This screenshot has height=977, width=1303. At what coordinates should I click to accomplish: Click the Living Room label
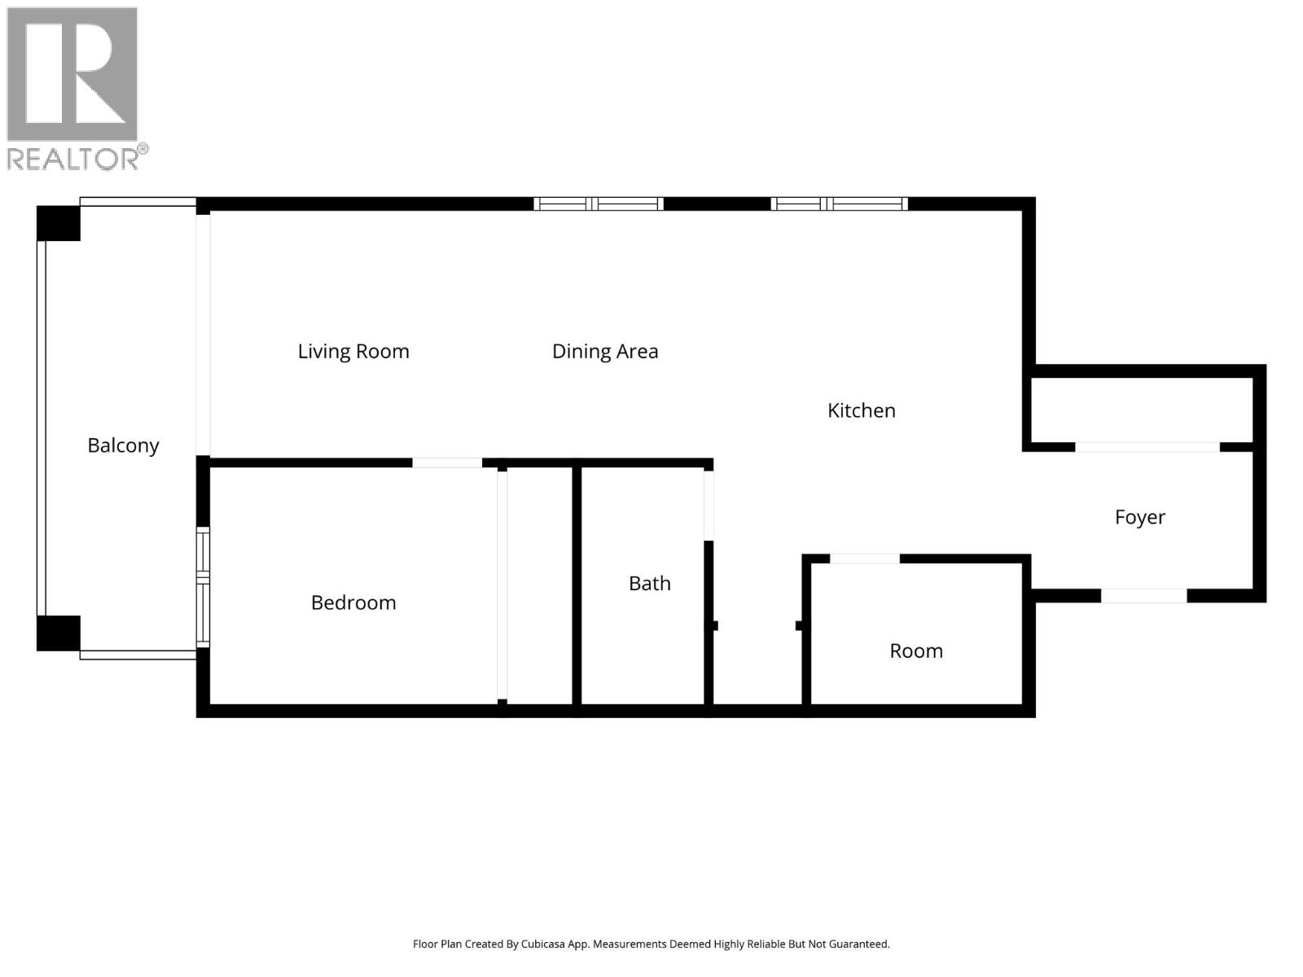353,351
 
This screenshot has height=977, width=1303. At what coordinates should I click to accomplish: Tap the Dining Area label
604,351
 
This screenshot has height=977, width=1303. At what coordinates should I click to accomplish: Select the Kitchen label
861,410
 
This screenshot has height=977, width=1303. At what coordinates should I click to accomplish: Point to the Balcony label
123,445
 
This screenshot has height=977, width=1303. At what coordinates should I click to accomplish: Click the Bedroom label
353,602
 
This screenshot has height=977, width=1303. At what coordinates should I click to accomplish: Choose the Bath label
649,583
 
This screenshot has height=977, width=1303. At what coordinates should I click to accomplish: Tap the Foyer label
1139,517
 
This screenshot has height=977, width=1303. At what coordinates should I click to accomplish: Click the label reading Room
915,651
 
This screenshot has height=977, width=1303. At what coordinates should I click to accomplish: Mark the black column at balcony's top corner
59,223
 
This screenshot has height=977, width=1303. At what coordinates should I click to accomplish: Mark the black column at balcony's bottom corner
59,633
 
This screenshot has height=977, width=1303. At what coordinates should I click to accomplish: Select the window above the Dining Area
599,204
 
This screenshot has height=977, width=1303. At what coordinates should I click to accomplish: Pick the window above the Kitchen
839,204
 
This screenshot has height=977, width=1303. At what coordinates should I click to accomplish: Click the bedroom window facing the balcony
203,587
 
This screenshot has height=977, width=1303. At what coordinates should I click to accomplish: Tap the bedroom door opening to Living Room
446,462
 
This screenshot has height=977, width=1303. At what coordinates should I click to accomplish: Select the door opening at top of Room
864,559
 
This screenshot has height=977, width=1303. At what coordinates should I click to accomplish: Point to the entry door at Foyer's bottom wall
1143,596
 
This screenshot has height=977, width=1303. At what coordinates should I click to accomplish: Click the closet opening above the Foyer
1147,447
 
